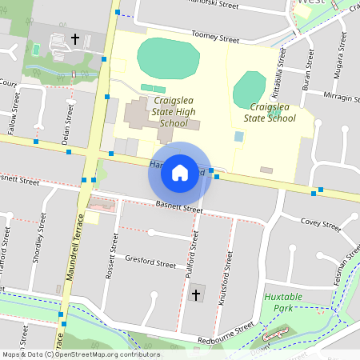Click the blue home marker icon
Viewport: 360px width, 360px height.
[x=179, y=173]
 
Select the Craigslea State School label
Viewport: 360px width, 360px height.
[x=273, y=112]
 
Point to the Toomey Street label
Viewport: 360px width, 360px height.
[x=215, y=37]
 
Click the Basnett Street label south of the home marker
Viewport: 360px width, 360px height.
[x=180, y=208]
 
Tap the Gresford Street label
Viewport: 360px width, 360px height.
[x=150, y=262]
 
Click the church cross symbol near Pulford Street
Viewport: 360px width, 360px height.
[x=196, y=295]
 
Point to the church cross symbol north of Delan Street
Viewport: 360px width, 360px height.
[x=76, y=38]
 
